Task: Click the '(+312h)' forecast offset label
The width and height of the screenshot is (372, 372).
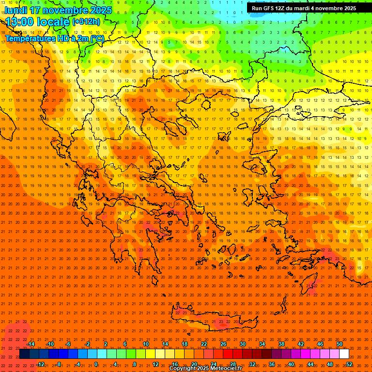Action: point(86,21)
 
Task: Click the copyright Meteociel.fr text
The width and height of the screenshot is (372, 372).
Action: point(205,369)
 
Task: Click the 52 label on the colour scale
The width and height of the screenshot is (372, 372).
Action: point(349,364)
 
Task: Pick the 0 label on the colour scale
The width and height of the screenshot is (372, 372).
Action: point(96,364)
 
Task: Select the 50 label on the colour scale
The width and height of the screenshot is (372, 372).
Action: point(340,344)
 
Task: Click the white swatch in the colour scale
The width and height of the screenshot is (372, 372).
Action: point(344,354)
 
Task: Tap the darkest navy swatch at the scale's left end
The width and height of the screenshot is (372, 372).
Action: point(24,354)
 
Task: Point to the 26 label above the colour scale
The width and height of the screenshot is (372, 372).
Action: point(223,344)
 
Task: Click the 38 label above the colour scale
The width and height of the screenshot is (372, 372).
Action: point(281,344)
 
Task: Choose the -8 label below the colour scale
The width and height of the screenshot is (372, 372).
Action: point(58,364)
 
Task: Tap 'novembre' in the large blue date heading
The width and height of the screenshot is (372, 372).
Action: point(61,10)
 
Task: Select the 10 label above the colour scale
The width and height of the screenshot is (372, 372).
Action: point(146,344)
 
